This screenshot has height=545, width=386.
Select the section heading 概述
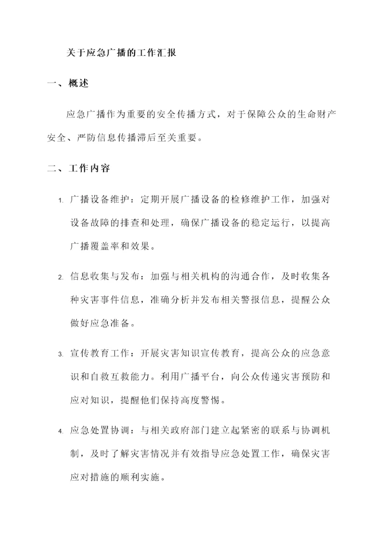79,84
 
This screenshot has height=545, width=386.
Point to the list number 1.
61,201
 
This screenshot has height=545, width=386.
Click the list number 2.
61,278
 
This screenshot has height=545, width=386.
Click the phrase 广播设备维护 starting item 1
101,200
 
